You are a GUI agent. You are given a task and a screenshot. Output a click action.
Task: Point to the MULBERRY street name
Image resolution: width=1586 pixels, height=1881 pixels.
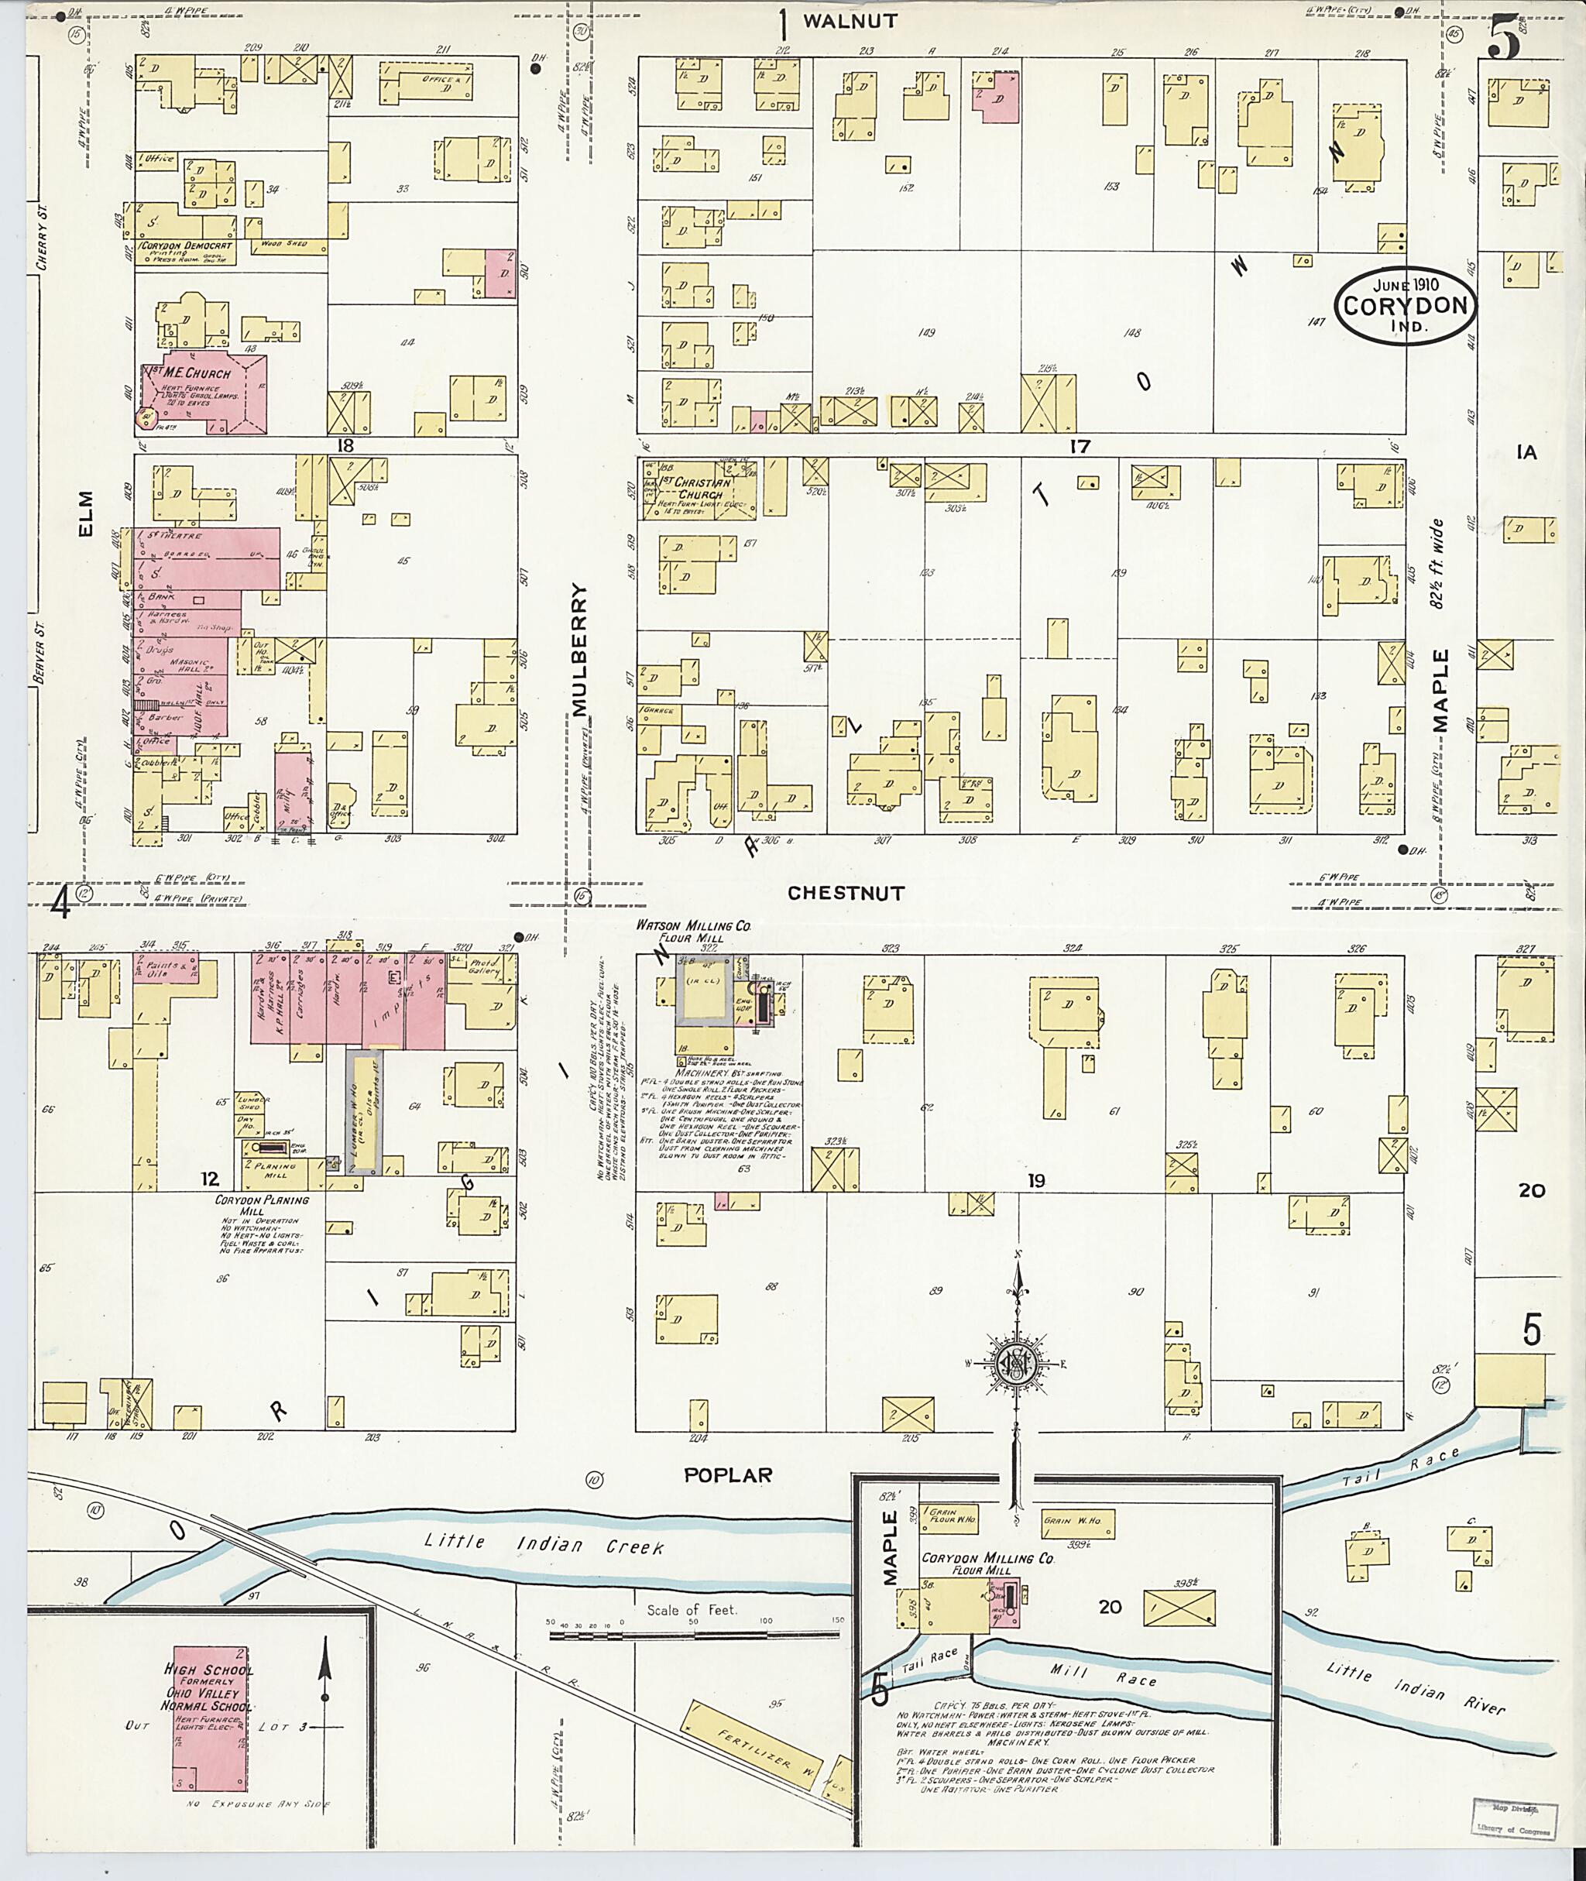pyautogui.click(x=580, y=651)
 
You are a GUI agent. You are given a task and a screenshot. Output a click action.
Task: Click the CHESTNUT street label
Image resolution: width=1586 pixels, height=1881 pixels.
pyautogui.click(x=846, y=893)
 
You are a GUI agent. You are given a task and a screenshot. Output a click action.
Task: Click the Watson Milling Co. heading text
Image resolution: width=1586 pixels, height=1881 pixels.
pyautogui.click(x=693, y=925)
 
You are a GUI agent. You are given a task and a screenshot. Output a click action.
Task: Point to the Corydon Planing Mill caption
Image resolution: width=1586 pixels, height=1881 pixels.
pyautogui.click(x=262, y=1205)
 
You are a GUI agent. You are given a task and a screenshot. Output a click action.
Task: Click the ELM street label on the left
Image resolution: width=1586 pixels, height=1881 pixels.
pyautogui.click(x=86, y=513)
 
